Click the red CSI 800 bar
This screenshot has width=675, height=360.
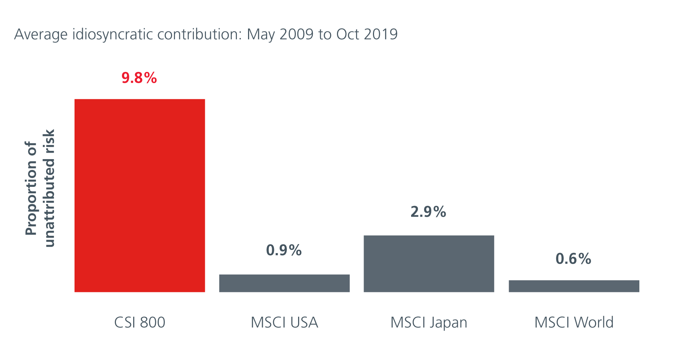click(140, 195)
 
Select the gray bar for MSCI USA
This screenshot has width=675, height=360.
click(284, 283)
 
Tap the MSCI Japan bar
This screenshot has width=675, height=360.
click(429, 264)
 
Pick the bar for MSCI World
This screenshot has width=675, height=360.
click(574, 286)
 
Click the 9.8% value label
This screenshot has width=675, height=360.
click(139, 78)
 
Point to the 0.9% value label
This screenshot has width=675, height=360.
click(284, 250)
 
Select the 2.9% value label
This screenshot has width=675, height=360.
click(428, 212)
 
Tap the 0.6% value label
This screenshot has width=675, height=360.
click(573, 258)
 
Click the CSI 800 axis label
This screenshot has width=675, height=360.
click(140, 322)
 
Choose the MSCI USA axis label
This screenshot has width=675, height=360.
click(284, 322)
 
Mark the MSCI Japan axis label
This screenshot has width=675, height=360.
click(429, 323)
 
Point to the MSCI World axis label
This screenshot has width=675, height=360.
click(574, 322)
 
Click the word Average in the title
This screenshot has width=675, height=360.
click(41, 35)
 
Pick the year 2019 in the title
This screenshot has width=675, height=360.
click(381, 35)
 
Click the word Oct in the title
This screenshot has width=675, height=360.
click(348, 35)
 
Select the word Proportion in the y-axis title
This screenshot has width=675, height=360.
click(31, 188)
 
